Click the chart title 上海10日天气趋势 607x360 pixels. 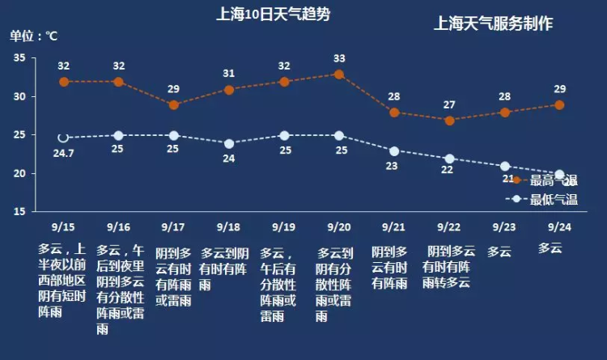pos(274,15)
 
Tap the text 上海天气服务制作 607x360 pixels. pos(494,23)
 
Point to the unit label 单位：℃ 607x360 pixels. pos(34,36)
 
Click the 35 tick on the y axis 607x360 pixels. pos(19,58)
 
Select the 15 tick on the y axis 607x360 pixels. pos(19,212)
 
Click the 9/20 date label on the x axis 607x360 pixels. pos(339,227)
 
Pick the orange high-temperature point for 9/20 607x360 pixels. pos(339,74)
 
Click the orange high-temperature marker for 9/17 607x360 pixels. pos(173,105)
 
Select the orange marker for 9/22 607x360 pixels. pos(450,120)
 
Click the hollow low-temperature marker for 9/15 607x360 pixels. pos(63,138)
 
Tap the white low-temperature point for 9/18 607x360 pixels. pos(229,143)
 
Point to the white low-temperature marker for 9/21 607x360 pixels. pos(394,151)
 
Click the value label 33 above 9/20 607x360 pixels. pos(339,58)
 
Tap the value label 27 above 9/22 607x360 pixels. pos(450,104)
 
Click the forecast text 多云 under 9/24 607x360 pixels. pos(550,248)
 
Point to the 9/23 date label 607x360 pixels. pos(505,227)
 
